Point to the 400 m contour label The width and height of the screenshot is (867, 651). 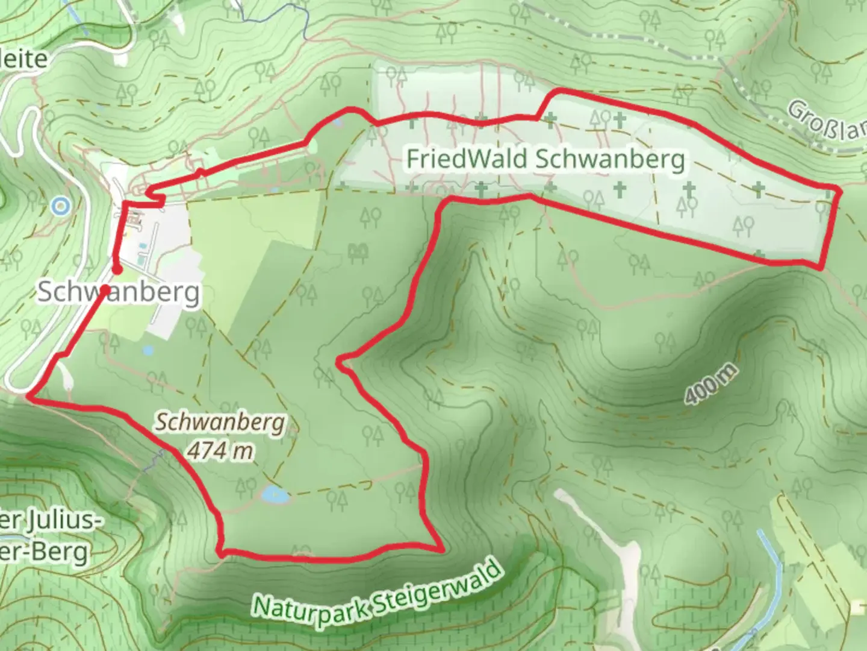(710, 385)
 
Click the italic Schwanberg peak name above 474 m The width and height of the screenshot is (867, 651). (220, 422)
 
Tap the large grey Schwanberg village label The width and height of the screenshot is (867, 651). (119, 292)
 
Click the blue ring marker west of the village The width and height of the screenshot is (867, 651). (60, 207)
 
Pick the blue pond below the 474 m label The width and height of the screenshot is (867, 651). (274, 495)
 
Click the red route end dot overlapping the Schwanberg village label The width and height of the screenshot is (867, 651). (105, 290)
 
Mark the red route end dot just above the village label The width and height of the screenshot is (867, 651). (117, 269)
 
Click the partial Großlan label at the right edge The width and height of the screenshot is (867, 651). (828, 122)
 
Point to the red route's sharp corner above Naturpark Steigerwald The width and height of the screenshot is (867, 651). (441, 549)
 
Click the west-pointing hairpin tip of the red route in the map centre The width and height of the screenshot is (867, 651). (339, 362)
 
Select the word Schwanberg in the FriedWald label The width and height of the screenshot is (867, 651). (609, 159)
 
